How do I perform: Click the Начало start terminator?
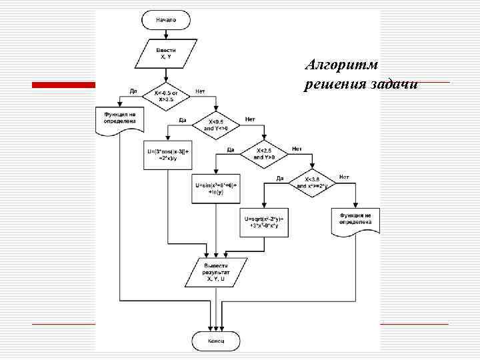click(x=166, y=20)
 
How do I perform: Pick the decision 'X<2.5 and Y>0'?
click(x=264, y=154)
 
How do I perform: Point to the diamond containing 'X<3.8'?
click(x=311, y=183)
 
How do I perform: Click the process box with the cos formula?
click(x=168, y=154)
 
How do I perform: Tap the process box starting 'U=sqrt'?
click(x=264, y=223)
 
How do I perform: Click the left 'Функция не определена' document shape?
click(x=119, y=121)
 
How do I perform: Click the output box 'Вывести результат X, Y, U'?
click(x=215, y=272)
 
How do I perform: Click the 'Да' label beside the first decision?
click(x=133, y=91)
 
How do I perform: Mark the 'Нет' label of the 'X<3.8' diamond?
click(x=344, y=177)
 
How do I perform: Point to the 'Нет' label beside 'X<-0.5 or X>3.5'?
click(x=200, y=91)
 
